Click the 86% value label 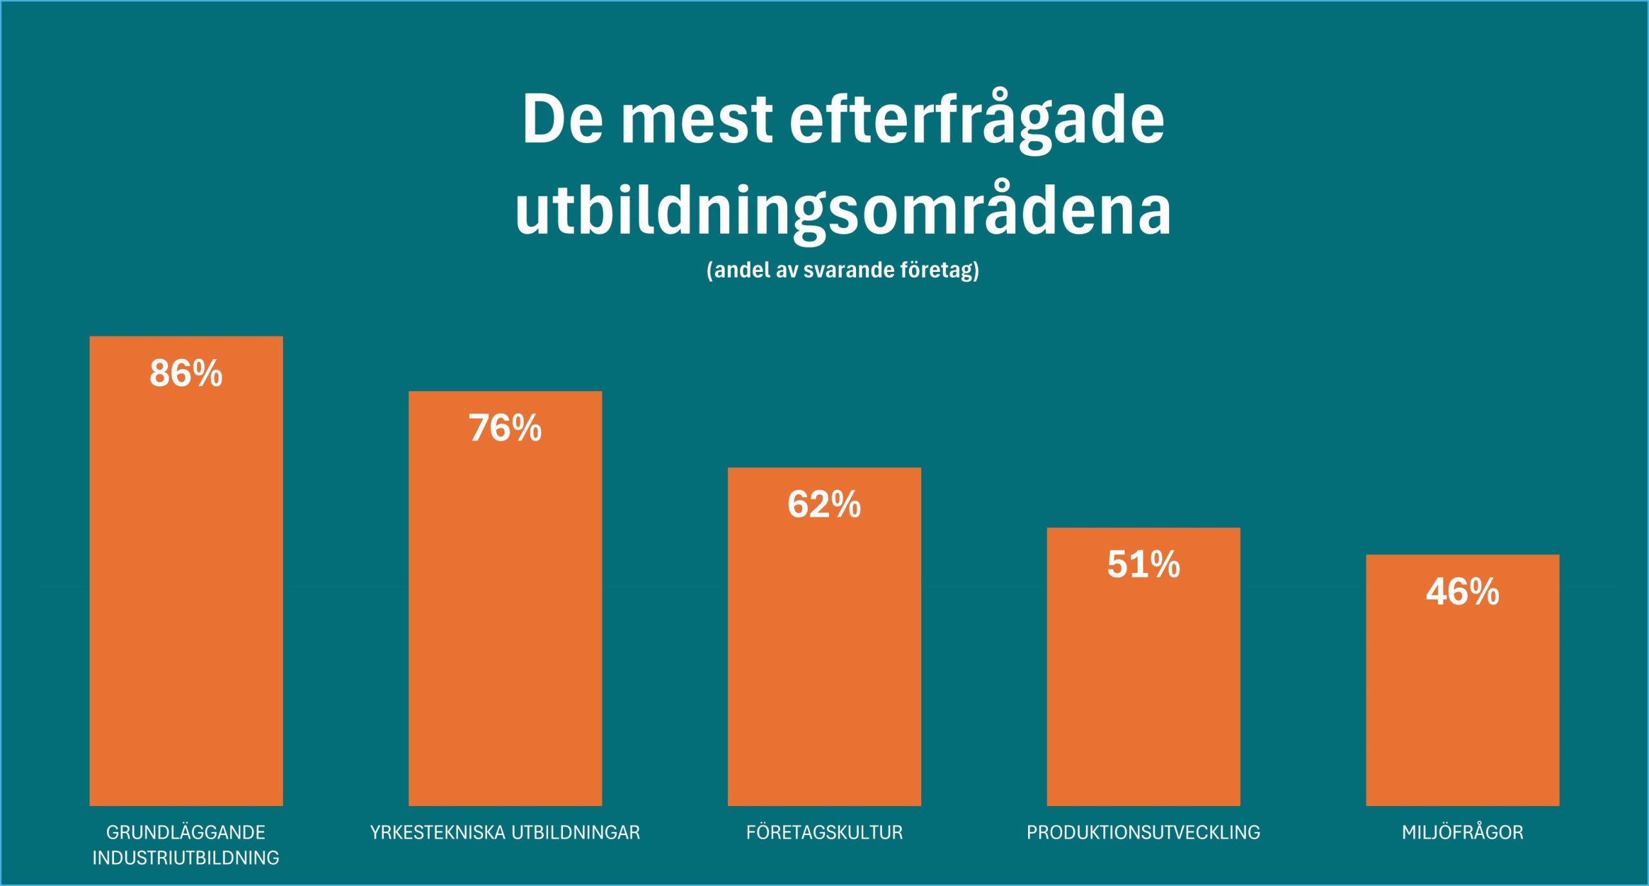click(x=186, y=374)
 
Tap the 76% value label click(x=505, y=429)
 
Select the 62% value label click(x=824, y=505)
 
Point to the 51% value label click(x=1143, y=565)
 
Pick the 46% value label click(x=1462, y=592)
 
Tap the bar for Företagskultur click(x=824, y=657)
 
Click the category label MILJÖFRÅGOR click(x=1462, y=833)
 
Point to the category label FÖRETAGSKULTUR click(x=824, y=833)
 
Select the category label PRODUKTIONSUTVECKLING click(x=1143, y=833)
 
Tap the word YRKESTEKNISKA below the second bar click(x=437, y=833)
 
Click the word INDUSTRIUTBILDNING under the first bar click(x=186, y=858)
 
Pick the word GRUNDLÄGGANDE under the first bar click(x=186, y=833)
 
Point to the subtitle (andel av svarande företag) click(x=843, y=269)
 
